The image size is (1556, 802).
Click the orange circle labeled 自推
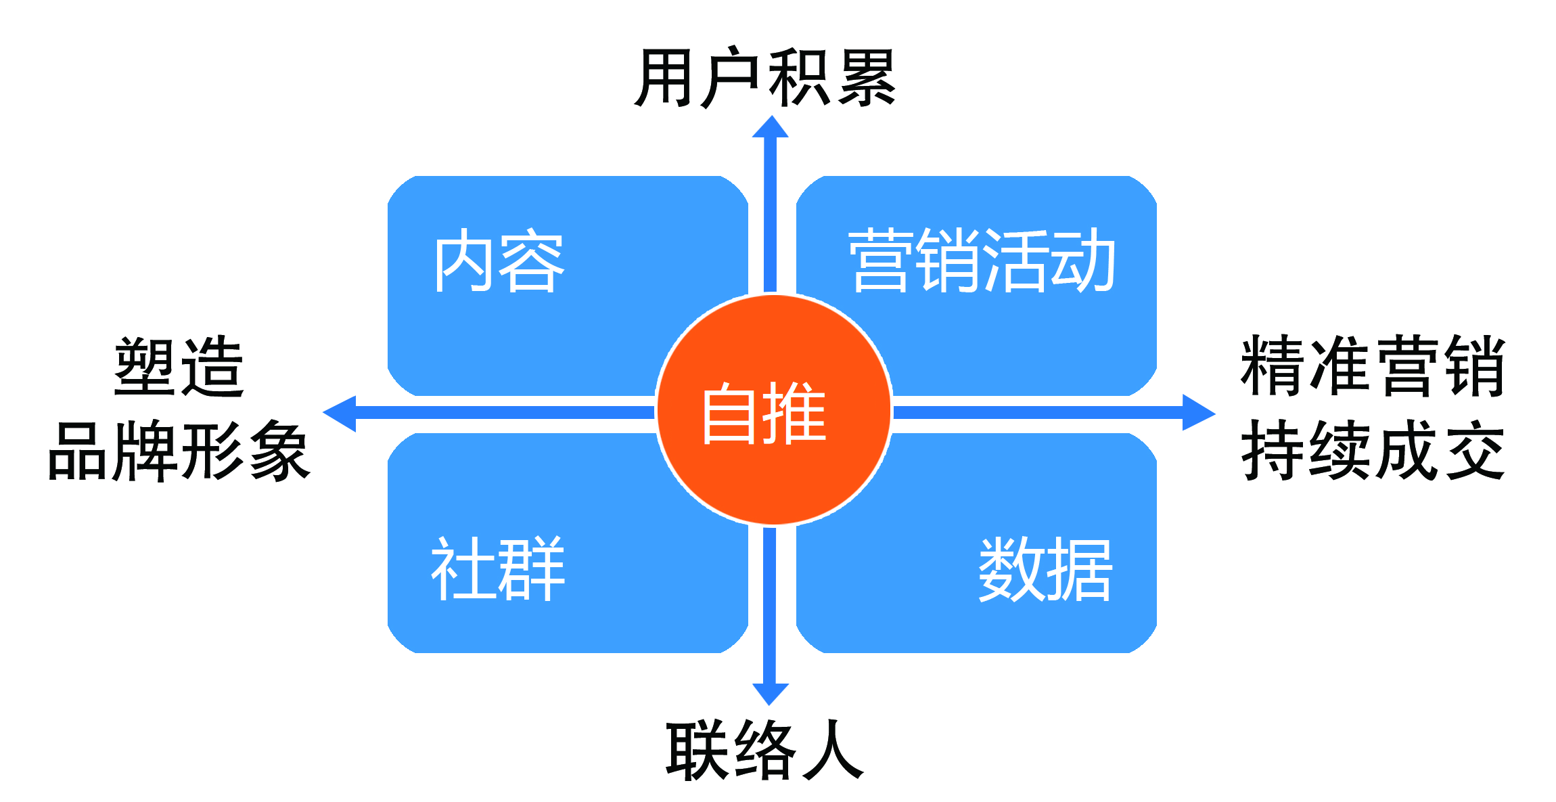[774, 410]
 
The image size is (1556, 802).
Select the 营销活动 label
[982, 261]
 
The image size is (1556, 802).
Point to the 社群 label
[498, 569]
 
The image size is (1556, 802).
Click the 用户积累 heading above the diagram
[765, 77]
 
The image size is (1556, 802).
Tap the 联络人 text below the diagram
[765, 749]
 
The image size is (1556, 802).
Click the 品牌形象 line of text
[179, 451]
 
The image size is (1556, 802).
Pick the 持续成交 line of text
[1373, 450]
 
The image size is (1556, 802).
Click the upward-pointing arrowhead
[771, 126]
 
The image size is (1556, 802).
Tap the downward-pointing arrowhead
[771, 695]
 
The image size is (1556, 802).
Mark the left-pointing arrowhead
[339, 414]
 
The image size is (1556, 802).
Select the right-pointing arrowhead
[1199, 412]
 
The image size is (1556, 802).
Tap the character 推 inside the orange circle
[795, 412]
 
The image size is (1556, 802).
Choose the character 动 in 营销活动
[1082, 261]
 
